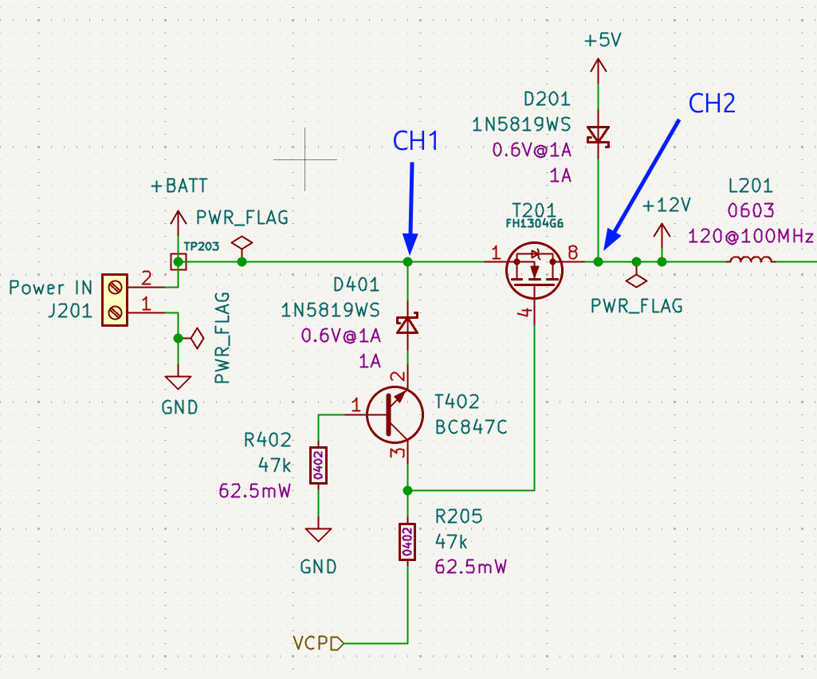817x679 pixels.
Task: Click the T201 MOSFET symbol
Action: pos(534,270)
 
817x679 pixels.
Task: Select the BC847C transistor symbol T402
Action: pos(395,414)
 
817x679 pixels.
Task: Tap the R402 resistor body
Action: pos(318,465)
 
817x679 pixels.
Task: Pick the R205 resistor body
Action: pos(407,542)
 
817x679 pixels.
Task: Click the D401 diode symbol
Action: pos(407,324)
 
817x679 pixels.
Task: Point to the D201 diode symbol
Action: pos(598,136)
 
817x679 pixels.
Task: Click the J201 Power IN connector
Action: pos(115,300)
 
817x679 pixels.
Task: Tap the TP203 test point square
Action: pos(179,261)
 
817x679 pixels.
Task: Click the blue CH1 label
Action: pos(415,141)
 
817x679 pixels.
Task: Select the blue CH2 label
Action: pos(712,103)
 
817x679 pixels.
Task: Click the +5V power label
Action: pos(603,40)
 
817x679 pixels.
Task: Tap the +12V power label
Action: pos(666,206)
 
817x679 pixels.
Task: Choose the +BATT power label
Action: pos(179,186)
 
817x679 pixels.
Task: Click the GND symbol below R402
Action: pos(318,535)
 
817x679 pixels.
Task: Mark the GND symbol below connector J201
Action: pos(179,382)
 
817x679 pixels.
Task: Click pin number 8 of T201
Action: pos(572,253)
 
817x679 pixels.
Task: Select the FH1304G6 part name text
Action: pos(535,224)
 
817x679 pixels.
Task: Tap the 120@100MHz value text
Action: pos(750,236)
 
